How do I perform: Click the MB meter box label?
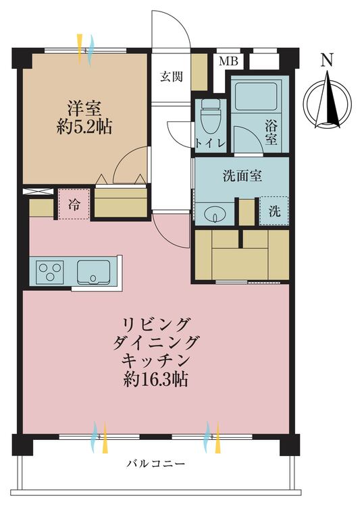(228, 61)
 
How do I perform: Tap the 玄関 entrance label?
(172, 77)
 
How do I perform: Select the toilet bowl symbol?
(210, 117)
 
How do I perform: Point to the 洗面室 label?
(242, 176)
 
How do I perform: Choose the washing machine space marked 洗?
(274, 211)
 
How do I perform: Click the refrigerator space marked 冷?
(74, 204)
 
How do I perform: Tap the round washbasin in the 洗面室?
(214, 214)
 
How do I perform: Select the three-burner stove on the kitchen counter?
(49, 272)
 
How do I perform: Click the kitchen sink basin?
(93, 272)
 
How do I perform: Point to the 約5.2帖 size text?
(84, 128)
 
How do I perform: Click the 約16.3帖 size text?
(156, 379)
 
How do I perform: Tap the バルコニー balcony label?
(156, 464)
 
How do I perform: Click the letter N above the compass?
(328, 60)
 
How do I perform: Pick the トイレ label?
(210, 143)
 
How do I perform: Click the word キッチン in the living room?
(155, 361)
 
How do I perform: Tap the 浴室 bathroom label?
(271, 132)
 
